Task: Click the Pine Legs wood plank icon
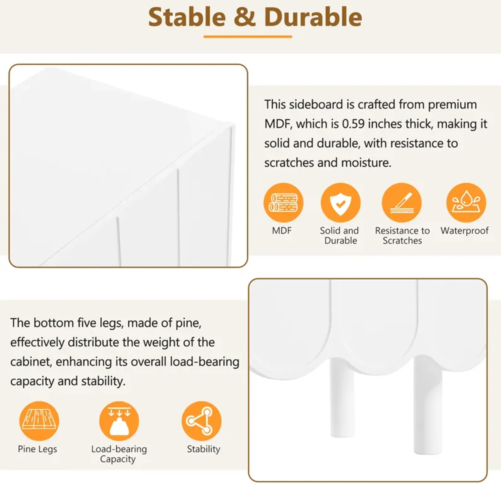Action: [x=39, y=421]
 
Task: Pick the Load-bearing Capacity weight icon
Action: [x=119, y=421]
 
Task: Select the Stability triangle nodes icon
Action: [x=201, y=421]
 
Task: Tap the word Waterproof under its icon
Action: [x=464, y=231]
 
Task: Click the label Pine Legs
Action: [x=37, y=449]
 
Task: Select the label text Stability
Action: [x=203, y=449]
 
